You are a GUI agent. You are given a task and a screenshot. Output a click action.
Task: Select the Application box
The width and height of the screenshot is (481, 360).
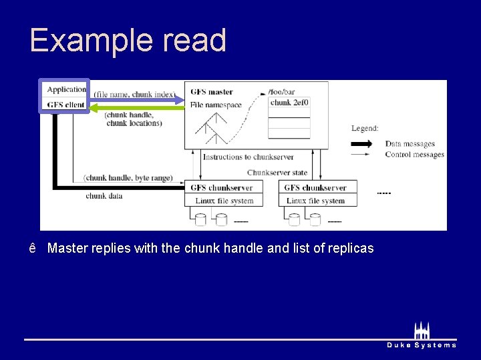point(66,89)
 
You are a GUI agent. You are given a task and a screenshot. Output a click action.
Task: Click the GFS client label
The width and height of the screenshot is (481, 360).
point(66,105)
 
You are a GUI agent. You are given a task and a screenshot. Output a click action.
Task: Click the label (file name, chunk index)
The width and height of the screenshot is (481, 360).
point(134,95)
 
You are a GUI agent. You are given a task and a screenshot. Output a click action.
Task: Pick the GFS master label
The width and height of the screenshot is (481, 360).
point(211,92)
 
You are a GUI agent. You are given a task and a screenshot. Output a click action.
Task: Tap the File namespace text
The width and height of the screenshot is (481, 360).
point(215,105)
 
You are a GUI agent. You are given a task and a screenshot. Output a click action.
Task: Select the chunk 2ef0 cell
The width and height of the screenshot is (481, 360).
point(289,103)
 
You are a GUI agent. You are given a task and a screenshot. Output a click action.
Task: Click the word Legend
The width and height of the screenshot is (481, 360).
point(365,128)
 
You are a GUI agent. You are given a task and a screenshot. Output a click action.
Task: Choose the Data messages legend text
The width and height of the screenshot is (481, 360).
point(410,143)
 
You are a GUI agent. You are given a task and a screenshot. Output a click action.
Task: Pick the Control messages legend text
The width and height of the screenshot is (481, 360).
point(414,155)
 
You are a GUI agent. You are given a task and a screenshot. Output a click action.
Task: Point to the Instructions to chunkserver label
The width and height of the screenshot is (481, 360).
point(248,157)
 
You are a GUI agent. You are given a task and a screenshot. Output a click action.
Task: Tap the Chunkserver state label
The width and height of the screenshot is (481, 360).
point(277,173)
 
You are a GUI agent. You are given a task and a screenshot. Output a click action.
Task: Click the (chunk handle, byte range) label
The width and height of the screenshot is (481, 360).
point(128,177)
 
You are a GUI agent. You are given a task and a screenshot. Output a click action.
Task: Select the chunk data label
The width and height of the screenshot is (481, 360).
point(104,196)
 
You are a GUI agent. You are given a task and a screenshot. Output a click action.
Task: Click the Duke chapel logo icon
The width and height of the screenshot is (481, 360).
point(422,330)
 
